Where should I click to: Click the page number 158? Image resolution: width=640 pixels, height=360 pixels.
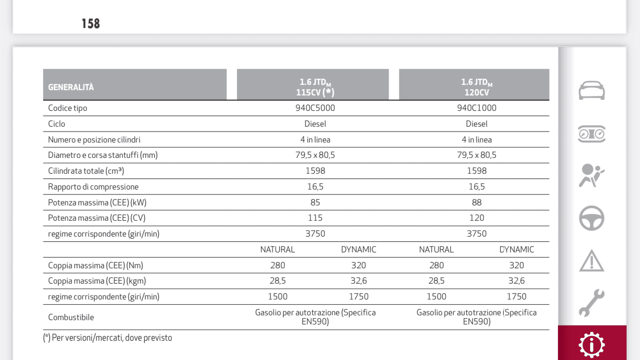click(x=91, y=24)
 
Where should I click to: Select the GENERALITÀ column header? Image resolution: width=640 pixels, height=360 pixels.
click(x=71, y=87)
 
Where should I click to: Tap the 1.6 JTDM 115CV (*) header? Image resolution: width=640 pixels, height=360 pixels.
click(x=315, y=87)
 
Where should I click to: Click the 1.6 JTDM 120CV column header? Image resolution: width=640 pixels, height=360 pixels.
click(x=476, y=87)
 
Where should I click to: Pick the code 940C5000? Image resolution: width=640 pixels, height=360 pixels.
click(x=315, y=108)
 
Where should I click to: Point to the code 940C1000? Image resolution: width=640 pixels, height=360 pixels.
click(x=476, y=108)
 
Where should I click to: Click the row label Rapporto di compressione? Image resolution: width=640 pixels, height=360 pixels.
click(x=93, y=187)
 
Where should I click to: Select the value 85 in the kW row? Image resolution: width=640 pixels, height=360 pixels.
click(x=315, y=203)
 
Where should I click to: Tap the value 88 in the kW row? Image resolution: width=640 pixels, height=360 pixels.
click(x=476, y=203)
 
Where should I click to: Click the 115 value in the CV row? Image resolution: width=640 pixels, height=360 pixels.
click(x=315, y=218)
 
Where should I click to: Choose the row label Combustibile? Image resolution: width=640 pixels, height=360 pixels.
click(x=71, y=317)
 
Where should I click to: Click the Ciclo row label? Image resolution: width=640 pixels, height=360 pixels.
click(x=57, y=124)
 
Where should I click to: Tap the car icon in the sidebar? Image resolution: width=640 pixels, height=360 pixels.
click(x=592, y=90)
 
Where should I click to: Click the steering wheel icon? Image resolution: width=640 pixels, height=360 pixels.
click(x=592, y=218)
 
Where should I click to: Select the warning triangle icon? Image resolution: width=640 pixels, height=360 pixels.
click(x=592, y=261)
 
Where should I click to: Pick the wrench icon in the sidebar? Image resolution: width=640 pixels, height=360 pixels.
click(x=592, y=303)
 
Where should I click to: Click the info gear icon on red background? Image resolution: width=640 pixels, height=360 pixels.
click(x=592, y=345)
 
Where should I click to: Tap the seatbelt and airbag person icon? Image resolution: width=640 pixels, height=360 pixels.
click(x=591, y=176)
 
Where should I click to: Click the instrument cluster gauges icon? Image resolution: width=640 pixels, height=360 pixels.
click(x=592, y=134)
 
